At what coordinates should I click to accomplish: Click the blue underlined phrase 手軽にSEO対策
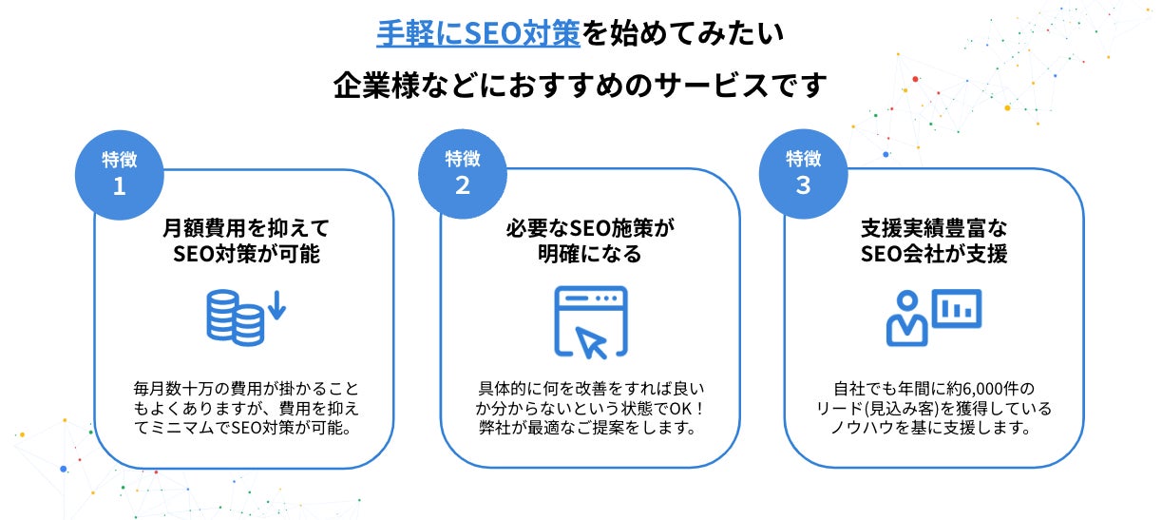pyautogui.click(x=477, y=34)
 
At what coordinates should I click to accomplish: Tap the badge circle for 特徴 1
pyautogui.click(x=119, y=171)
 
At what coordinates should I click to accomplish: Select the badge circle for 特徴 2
pyautogui.click(x=463, y=171)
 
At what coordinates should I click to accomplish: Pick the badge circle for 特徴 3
pyautogui.click(x=804, y=171)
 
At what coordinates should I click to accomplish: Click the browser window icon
pyautogui.click(x=590, y=320)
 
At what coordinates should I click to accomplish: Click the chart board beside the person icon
pyautogui.click(x=956, y=307)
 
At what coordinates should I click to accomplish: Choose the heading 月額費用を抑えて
pyautogui.click(x=245, y=228)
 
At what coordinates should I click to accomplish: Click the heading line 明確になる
pyautogui.click(x=590, y=255)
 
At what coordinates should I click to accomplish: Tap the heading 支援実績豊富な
pyautogui.click(x=933, y=228)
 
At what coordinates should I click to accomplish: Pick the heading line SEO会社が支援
pyautogui.click(x=933, y=255)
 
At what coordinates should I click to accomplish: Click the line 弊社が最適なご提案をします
pyautogui.click(x=589, y=429)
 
